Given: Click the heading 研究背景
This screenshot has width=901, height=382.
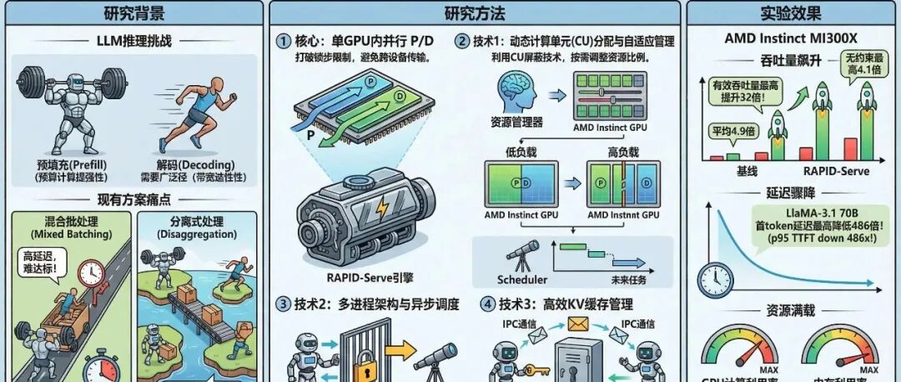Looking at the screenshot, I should click(133, 13).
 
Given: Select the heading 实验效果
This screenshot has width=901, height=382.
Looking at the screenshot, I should click(791, 13).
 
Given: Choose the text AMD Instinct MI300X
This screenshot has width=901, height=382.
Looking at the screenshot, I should click(791, 39).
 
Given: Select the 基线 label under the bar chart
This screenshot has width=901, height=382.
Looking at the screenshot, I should click(747, 171).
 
